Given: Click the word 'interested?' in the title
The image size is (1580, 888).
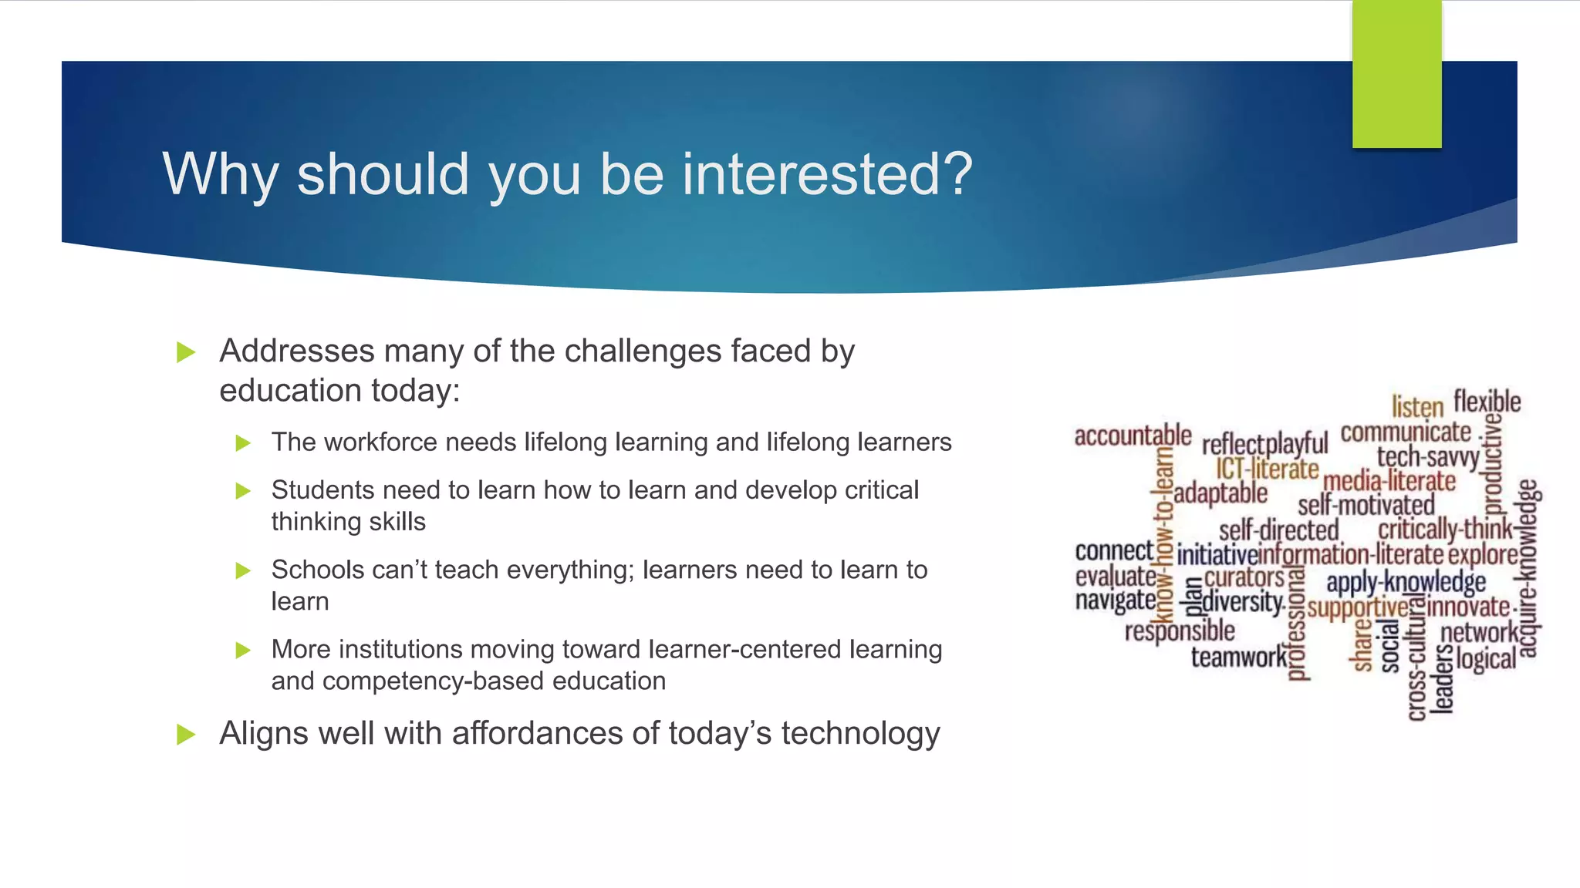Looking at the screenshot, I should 826,174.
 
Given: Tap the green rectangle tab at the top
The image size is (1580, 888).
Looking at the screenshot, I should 1396,74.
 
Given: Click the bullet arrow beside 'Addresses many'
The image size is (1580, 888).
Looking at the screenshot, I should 186,353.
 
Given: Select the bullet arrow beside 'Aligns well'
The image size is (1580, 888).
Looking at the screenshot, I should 186,735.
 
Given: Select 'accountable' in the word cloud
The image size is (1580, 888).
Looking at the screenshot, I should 1133,436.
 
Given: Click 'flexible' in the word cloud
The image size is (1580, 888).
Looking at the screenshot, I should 1487,402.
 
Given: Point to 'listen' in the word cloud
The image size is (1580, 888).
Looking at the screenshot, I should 1417,407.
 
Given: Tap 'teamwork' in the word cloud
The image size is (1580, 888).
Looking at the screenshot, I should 1239,658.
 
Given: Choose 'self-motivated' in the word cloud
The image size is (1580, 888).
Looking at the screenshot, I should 1366,506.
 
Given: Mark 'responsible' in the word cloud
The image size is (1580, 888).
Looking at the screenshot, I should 1180,631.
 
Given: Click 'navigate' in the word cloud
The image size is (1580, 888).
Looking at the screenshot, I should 1116,600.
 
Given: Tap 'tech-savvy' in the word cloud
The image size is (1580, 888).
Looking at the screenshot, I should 1428,457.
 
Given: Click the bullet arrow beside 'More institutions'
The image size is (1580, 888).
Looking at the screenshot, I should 243,651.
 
